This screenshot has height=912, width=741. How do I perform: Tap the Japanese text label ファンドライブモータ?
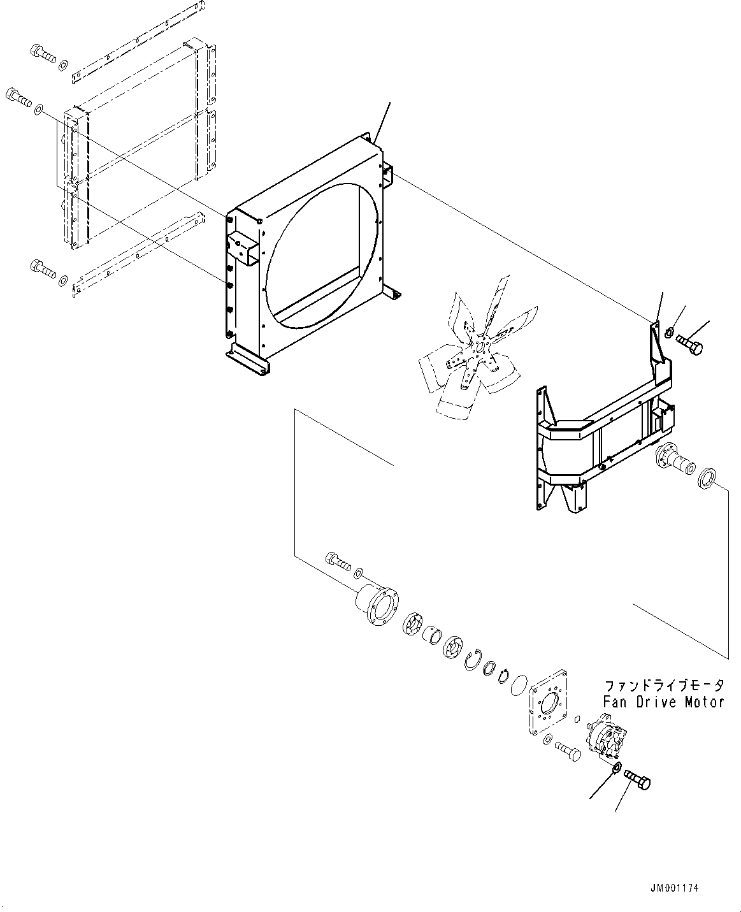664,686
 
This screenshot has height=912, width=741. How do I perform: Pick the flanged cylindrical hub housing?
377,605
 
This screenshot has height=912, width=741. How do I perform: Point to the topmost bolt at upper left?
43,54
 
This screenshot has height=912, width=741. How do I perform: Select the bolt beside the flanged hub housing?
338,561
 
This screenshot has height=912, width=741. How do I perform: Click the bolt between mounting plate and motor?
568,751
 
